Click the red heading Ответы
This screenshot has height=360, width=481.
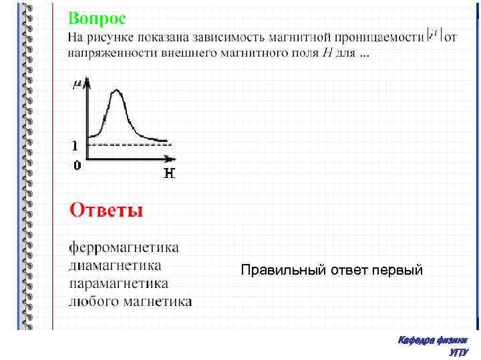point(106,211)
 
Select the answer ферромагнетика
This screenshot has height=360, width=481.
point(124,248)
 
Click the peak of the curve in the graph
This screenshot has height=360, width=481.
point(118,91)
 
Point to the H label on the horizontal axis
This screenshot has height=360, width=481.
point(170,174)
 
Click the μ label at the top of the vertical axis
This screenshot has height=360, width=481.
point(77,84)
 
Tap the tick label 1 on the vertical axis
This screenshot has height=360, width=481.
point(75,145)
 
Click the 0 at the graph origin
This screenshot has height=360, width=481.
point(77,165)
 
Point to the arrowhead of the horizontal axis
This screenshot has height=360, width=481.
point(171,159)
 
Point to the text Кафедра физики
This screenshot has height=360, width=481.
point(432,340)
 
